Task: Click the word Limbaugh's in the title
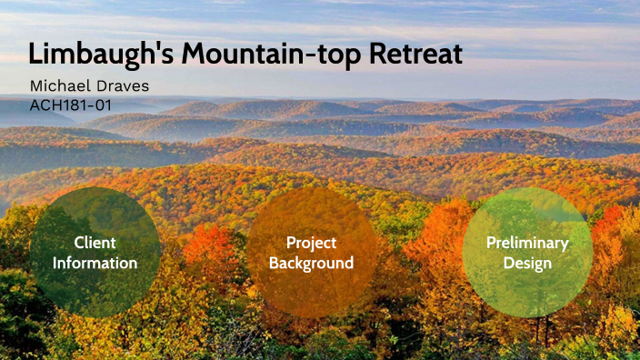point(101,54)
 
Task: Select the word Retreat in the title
point(417,54)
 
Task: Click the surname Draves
point(123,86)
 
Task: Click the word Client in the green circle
point(95,243)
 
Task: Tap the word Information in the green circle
point(95,264)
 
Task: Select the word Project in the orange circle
point(311,243)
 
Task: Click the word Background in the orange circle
point(311,264)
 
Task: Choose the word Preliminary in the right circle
point(527,243)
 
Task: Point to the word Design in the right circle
point(527,264)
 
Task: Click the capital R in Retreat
point(379,54)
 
